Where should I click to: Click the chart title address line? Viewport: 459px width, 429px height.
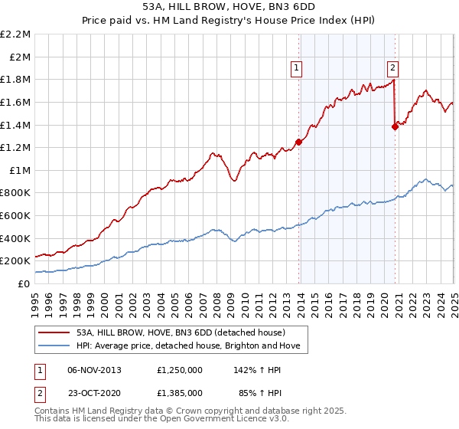pyautogui.click(x=229, y=6)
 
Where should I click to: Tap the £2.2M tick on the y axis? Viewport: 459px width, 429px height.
pyautogui.click(x=16, y=34)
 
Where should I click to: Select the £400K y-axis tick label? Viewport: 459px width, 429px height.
pyautogui.click(x=16, y=238)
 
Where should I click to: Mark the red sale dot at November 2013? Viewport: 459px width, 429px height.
pyautogui.click(x=298, y=142)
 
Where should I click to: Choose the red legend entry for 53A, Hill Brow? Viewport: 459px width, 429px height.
pyautogui.click(x=181, y=332)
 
